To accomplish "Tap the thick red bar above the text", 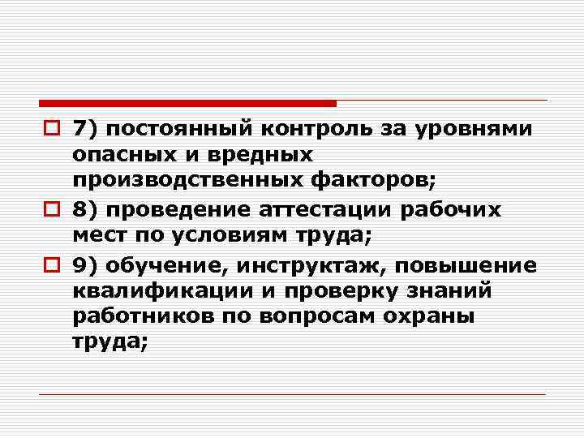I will pyautogui.click(x=187, y=103).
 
